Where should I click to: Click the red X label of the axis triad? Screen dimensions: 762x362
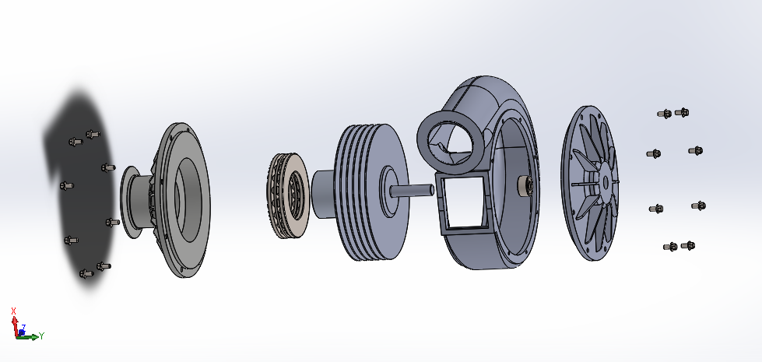click(x=13, y=311)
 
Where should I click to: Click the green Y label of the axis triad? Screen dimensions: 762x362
click(x=42, y=336)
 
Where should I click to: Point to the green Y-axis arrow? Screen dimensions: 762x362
click(x=29, y=336)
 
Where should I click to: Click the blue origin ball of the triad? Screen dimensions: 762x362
click(x=21, y=333)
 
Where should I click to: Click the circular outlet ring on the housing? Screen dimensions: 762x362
click(x=450, y=142)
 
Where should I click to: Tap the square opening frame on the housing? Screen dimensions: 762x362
click(x=463, y=205)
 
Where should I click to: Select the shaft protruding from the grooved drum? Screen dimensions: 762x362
click(x=412, y=190)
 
